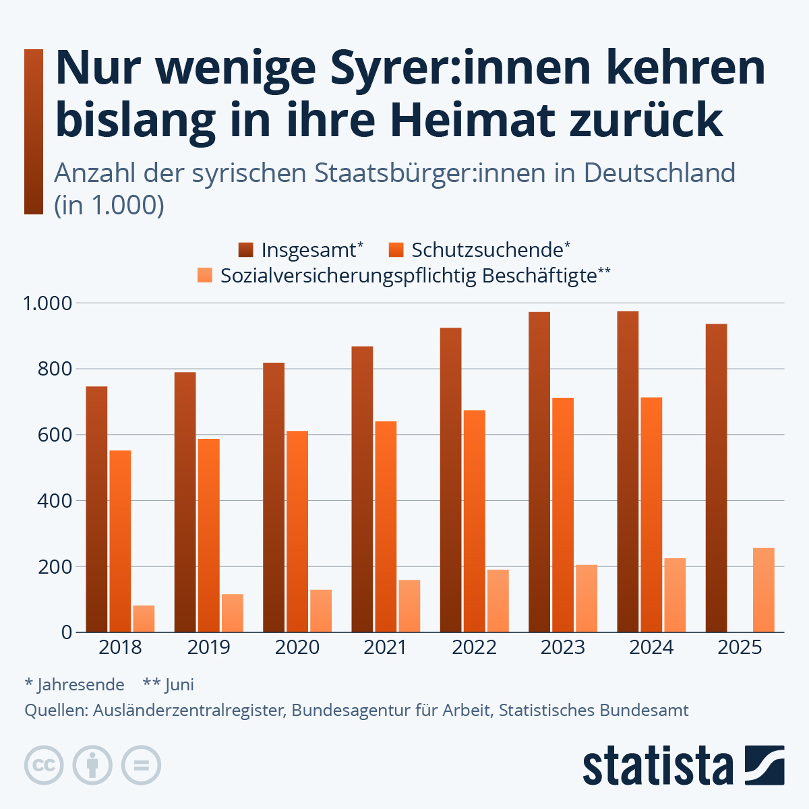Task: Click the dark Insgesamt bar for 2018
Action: coord(96,509)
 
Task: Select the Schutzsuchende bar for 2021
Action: coord(386,527)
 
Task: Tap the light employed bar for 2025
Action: coord(763,590)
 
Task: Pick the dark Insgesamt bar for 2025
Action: coord(716,478)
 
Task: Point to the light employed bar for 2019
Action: coord(232,613)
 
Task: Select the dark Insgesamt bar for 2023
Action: coord(539,472)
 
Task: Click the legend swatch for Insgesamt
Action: coord(245,250)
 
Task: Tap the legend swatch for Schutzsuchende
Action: coord(396,250)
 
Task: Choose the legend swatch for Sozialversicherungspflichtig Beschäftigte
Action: coord(204,275)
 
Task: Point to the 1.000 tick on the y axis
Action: coord(47,303)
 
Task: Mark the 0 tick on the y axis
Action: coord(66,632)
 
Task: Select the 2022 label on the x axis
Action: coord(474,648)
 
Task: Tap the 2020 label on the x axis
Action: coord(297,648)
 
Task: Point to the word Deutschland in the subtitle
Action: coord(659,173)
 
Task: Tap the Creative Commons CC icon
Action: coord(44,765)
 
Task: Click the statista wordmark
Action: coord(657,766)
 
